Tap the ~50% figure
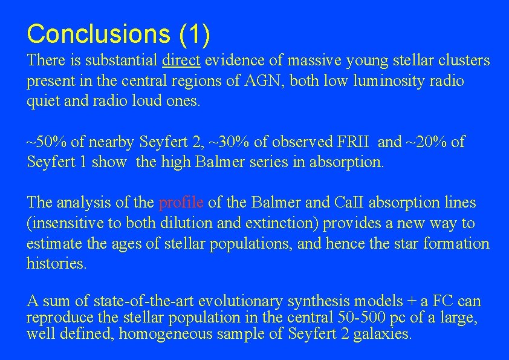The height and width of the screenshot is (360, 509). point(47,142)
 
